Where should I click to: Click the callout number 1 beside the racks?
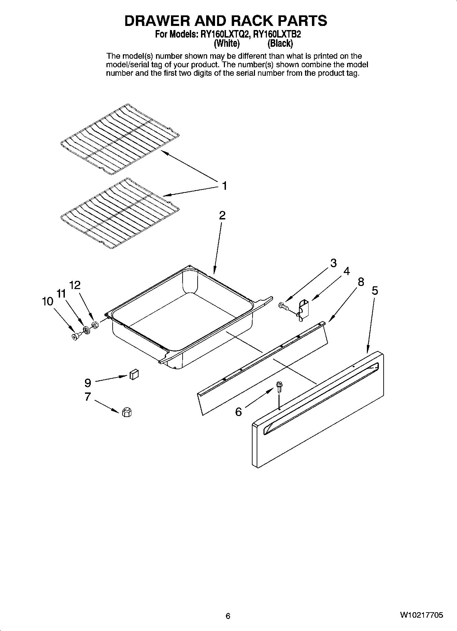pyautogui.click(x=224, y=186)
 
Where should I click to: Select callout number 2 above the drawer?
pyautogui.click(x=222, y=215)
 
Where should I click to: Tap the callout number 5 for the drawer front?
pyautogui.click(x=375, y=291)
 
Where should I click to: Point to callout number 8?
pyautogui.click(x=361, y=282)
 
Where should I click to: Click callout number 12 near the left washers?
pyautogui.click(x=75, y=285)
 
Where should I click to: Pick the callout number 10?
pyautogui.click(x=48, y=301)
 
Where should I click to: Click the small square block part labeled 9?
pyautogui.click(x=134, y=374)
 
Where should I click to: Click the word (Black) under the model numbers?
pyautogui.click(x=280, y=43)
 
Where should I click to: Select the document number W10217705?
pyautogui.click(x=422, y=615)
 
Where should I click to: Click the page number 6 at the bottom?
pyautogui.click(x=228, y=616)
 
